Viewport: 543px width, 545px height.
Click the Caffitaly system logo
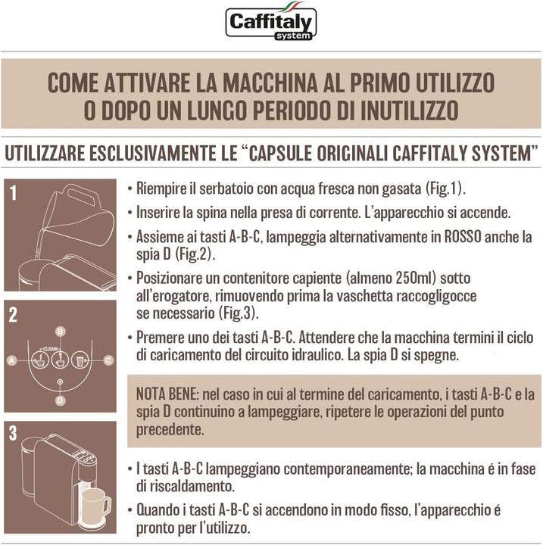[271, 23]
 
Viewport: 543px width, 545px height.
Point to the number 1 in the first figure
[13, 194]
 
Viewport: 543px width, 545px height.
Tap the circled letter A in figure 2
[11, 361]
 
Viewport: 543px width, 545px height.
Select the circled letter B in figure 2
[60, 332]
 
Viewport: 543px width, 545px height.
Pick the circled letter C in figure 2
[109, 361]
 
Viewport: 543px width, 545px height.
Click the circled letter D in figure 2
[60, 399]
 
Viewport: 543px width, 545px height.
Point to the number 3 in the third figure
[13, 434]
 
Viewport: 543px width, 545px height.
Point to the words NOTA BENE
[166, 395]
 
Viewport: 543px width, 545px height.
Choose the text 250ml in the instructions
[410, 277]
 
